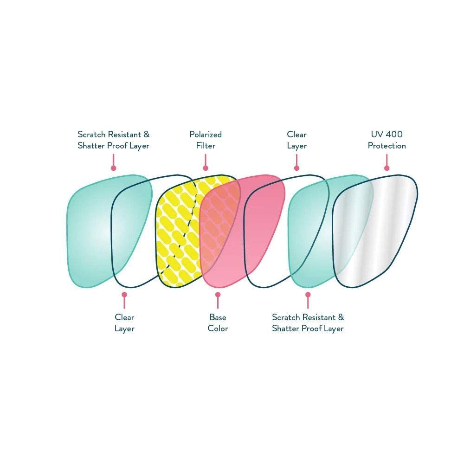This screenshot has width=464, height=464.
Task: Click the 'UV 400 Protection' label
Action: (387, 140)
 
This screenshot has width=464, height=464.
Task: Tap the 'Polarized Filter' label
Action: (206, 140)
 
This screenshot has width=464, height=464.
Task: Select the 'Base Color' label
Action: (218, 323)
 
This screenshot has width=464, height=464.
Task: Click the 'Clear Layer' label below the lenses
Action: (124, 323)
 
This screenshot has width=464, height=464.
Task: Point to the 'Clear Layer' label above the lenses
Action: (296, 140)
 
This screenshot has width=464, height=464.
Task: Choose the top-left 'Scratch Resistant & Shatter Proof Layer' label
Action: (113, 140)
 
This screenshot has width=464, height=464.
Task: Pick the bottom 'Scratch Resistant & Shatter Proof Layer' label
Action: (308, 323)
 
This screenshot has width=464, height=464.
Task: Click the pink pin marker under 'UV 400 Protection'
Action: (387, 162)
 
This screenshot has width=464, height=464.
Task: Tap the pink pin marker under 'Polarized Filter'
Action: (206, 162)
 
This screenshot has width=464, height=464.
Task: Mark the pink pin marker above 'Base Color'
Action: (218, 300)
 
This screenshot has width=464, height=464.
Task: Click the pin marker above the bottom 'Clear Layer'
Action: (124, 300)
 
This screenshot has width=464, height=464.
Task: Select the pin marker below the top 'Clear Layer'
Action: (296, 162)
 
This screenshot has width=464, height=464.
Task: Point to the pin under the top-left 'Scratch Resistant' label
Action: (113, 162)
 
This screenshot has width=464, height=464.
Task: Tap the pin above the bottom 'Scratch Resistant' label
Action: (308, 300)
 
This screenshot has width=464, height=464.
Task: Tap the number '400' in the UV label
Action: (394, 135)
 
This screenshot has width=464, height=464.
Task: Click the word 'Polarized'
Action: (206, 135)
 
